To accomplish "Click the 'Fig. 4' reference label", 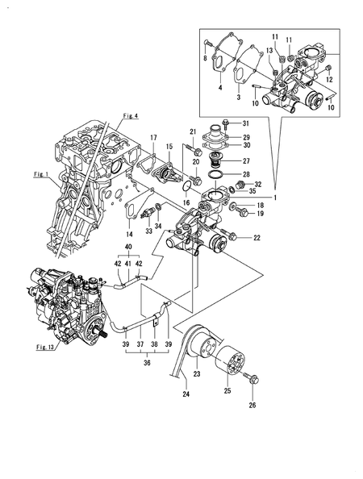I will (x=131, y=116).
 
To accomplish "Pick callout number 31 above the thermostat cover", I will (x=246, y=123).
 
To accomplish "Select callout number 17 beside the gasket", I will (x=153, y=137).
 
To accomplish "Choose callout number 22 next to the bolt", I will (x=257, y=237).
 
